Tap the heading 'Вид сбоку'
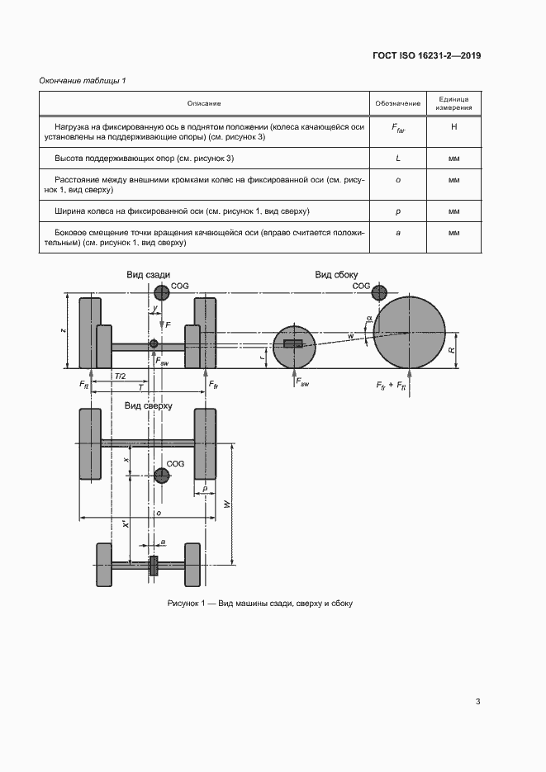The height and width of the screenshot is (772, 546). [x=336, y=275]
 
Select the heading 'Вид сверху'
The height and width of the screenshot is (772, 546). [x=148, y=406]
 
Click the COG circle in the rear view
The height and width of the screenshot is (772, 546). [x=160, y=291]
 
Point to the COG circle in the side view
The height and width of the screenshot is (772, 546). [x=379, y=291]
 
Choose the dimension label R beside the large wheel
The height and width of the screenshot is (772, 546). [x=452, y=350]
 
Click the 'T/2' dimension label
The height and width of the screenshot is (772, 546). [x=120, y=376]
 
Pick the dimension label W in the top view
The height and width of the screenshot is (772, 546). [x=226, y=504]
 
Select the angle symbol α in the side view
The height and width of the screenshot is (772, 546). [x=368, y=317]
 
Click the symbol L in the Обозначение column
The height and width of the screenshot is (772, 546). [x=398, y=158]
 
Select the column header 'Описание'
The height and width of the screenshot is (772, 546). [x=204, y=103]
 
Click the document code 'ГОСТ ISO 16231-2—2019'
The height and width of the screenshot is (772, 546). [x=426, y=56]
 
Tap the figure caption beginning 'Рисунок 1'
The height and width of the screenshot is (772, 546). [x=259, y=604]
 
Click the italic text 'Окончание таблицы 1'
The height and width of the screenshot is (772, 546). [x=83, y=80]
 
